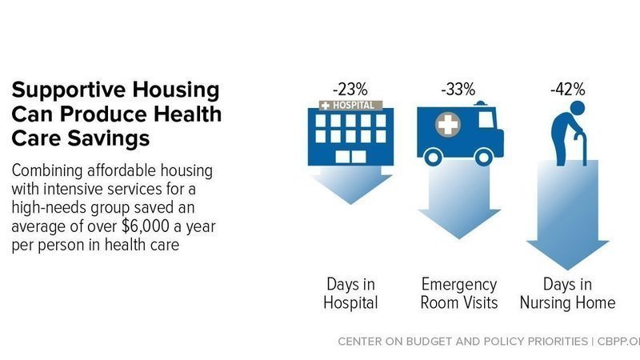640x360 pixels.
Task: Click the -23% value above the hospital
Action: [350, 90]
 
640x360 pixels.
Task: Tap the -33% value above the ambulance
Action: [458, 90]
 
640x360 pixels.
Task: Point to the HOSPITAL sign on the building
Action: [350, 105]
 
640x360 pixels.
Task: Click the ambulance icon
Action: [459, 131]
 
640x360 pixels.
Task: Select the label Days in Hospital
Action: [350, 293]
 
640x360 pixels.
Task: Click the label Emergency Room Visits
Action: [459, 293]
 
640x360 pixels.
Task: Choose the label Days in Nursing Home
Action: [568, 293]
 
